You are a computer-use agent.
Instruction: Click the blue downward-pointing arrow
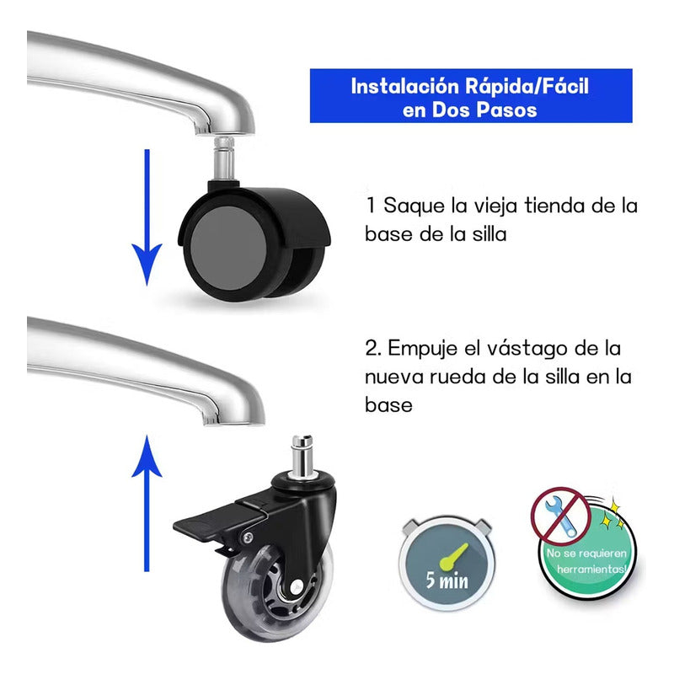click(147, 217)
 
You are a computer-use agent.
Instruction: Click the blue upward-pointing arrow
click(147, 503)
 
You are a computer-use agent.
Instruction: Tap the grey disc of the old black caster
click(228, 248)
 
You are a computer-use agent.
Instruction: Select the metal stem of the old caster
click(224, 158)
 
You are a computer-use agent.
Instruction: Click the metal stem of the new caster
click(302, 456)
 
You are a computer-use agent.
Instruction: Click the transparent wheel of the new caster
click(275, 593)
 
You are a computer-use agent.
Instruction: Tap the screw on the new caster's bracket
click(248, 538)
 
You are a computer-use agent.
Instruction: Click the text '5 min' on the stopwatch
click(447, 580)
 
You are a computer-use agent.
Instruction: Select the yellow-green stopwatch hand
click(453, 558)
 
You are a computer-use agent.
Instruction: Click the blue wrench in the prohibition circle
click(560, 516)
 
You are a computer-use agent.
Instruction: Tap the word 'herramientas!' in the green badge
click(592, 570)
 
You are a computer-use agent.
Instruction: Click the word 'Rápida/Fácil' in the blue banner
click(527, 87)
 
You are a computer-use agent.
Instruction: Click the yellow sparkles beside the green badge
click(612, 515)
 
